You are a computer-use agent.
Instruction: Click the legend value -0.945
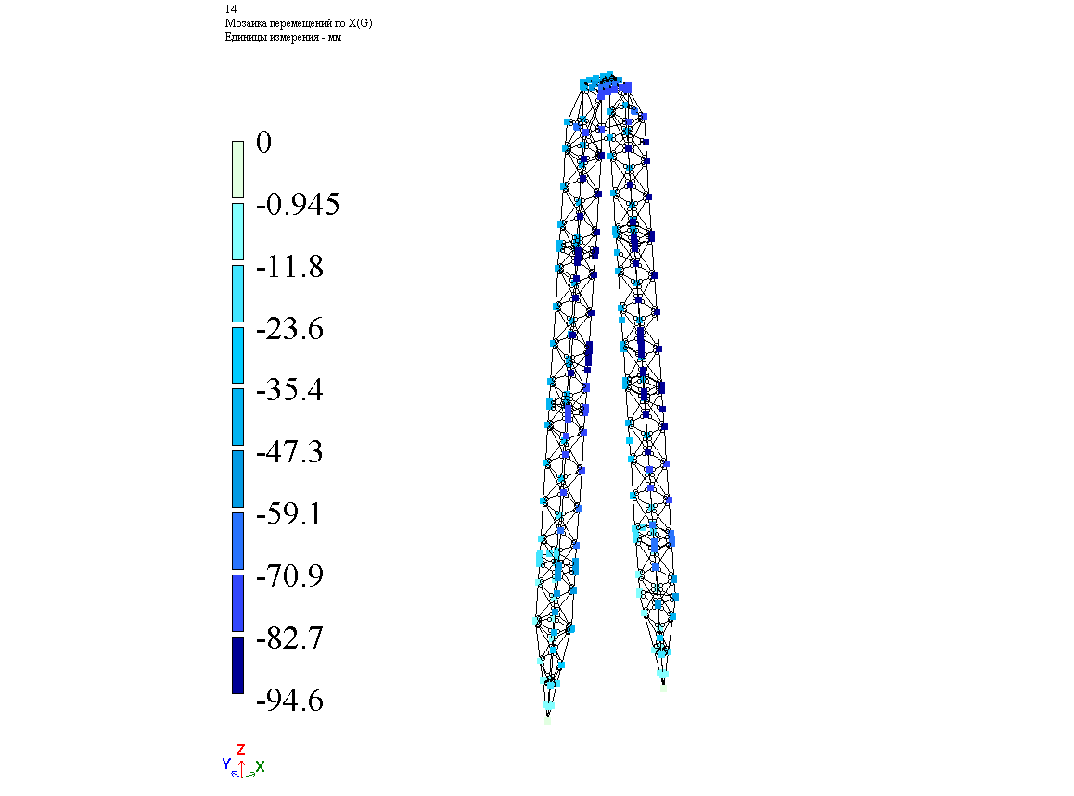[x=298, y=205]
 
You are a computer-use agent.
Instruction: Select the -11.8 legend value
[x=289, y=266]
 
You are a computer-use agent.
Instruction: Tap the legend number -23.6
[x=289, y=329]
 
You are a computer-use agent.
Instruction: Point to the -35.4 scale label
[x=289, y=389]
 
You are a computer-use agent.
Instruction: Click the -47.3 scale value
[x=289, y=451]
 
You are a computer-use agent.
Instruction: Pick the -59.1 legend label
[x=289, y=513]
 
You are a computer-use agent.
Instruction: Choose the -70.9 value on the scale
[x=289, y=575]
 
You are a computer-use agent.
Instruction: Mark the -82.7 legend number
[x=289, y=638]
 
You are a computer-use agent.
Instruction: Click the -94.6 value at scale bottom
[x=289, y=701]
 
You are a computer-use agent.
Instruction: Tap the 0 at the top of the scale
[x=263, y=143]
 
